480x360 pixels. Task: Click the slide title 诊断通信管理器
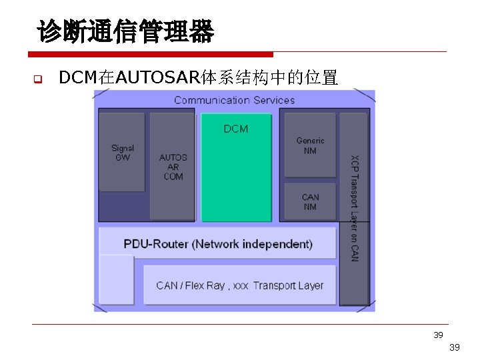[x=125, y=31]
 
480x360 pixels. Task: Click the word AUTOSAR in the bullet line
[x=157, y=78]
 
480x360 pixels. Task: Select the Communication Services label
[x=234, y=100]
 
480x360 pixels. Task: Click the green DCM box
[x=236, y=167]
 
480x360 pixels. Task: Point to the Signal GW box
[x=122, y=153]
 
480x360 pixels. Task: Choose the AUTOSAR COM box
[x=173, y=167]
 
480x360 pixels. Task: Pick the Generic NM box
[x=310, y=145]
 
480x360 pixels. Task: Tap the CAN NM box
[x=310, y=201]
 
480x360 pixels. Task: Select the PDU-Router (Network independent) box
[x=218, y=243]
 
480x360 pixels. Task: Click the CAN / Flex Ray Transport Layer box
[x=239, y=285]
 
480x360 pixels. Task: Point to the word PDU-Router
[x=157, y=244]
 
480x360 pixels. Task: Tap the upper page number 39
[x=438, y=335]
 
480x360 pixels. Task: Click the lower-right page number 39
[x=455, y=347]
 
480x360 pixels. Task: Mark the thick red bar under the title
[x=151, y=54]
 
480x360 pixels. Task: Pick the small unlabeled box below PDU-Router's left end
[x=116, y=280]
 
